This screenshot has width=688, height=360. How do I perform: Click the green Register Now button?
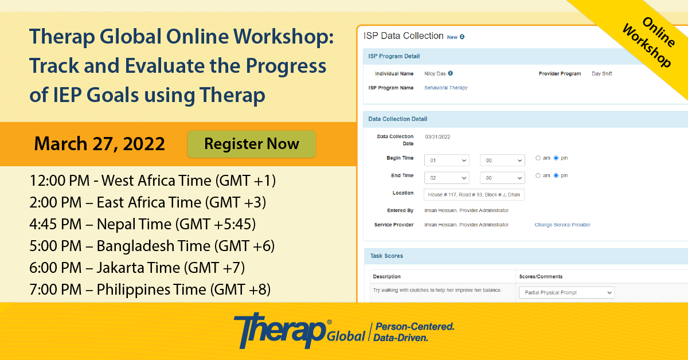coord(252,144)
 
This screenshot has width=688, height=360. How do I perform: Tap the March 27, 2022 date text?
coord(100,144)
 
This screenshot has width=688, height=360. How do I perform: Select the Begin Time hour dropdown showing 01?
coord(447,161)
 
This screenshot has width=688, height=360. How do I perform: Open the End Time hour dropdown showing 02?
coord(447,178)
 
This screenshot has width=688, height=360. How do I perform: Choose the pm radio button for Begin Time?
coord(556,158)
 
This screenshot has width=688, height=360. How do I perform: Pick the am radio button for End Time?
coord(538,175)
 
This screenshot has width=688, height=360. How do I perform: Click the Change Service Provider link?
coord(562,225)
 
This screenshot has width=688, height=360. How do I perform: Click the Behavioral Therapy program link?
coord(445,88)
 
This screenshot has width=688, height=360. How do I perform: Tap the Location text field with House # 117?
coord(474,195)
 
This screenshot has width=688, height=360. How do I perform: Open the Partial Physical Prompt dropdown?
coord(566,293)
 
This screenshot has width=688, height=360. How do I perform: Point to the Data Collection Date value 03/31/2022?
coord(437,137)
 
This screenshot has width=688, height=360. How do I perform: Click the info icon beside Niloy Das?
coord(450,73)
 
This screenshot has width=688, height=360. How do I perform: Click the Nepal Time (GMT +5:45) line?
coord(143,224)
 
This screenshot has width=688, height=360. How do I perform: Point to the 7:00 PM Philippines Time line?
coord(150,289)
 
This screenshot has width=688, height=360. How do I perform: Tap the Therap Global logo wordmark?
coord(299,331)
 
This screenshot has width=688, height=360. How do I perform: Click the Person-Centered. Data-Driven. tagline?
coord(414,332)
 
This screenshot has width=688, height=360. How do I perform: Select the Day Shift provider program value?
coord(601,74)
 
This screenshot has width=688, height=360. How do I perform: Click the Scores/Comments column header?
coord(541,276)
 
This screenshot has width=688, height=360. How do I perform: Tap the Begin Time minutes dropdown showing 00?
coord(502,161)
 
